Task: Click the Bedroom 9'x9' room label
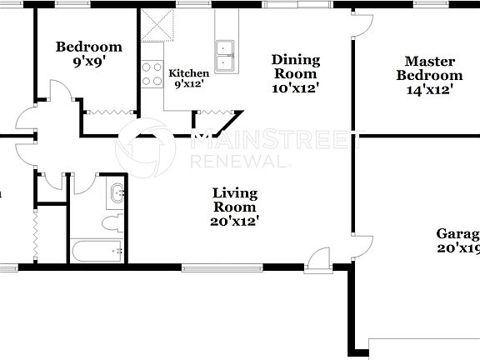pos(88,53)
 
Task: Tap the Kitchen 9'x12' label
pos(187,78)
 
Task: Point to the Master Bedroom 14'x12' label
pos(429,75)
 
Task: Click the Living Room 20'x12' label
pos(234,207)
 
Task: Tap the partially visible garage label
pos(457,241)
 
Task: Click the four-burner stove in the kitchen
pos(152,75)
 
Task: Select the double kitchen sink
pos(225,56)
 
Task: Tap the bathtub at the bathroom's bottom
pos(97,250)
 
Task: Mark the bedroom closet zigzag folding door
pos(107,112)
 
